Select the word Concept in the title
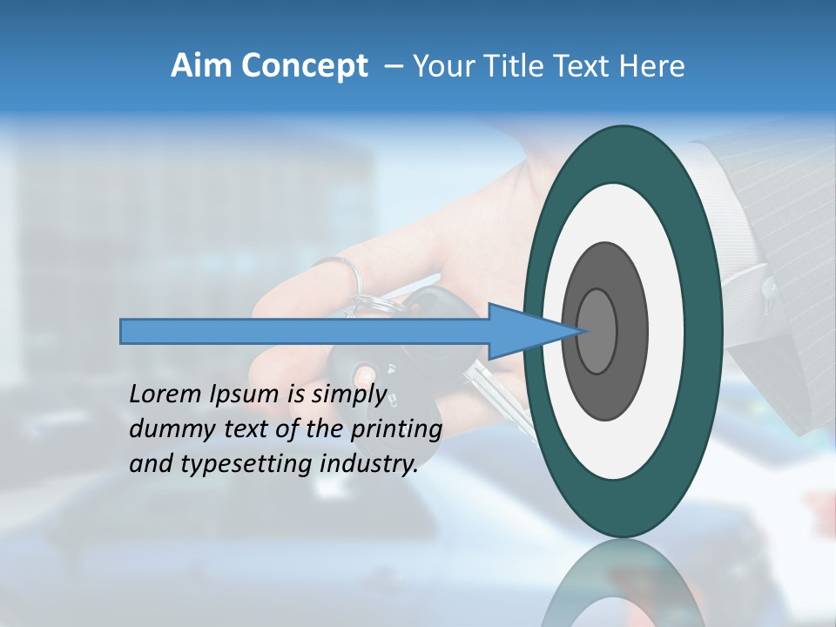pyautogui.click(x=305, y=66)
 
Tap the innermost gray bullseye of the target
pyautogui.click(x=597, y=331)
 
